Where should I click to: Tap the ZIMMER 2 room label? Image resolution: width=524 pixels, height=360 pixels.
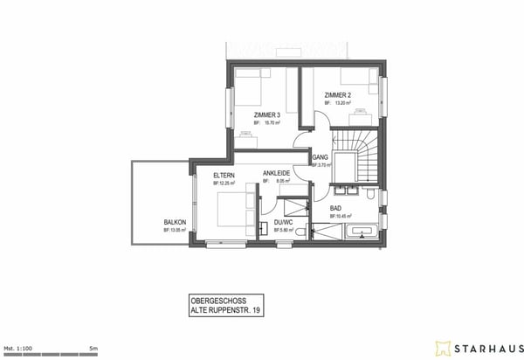(x=338, y=94)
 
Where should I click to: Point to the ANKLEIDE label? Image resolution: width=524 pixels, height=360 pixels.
(x=276, y=174)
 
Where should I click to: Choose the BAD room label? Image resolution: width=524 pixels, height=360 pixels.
(x=335, y=208)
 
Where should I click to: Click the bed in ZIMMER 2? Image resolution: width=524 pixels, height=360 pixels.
(x=366, y=85)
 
